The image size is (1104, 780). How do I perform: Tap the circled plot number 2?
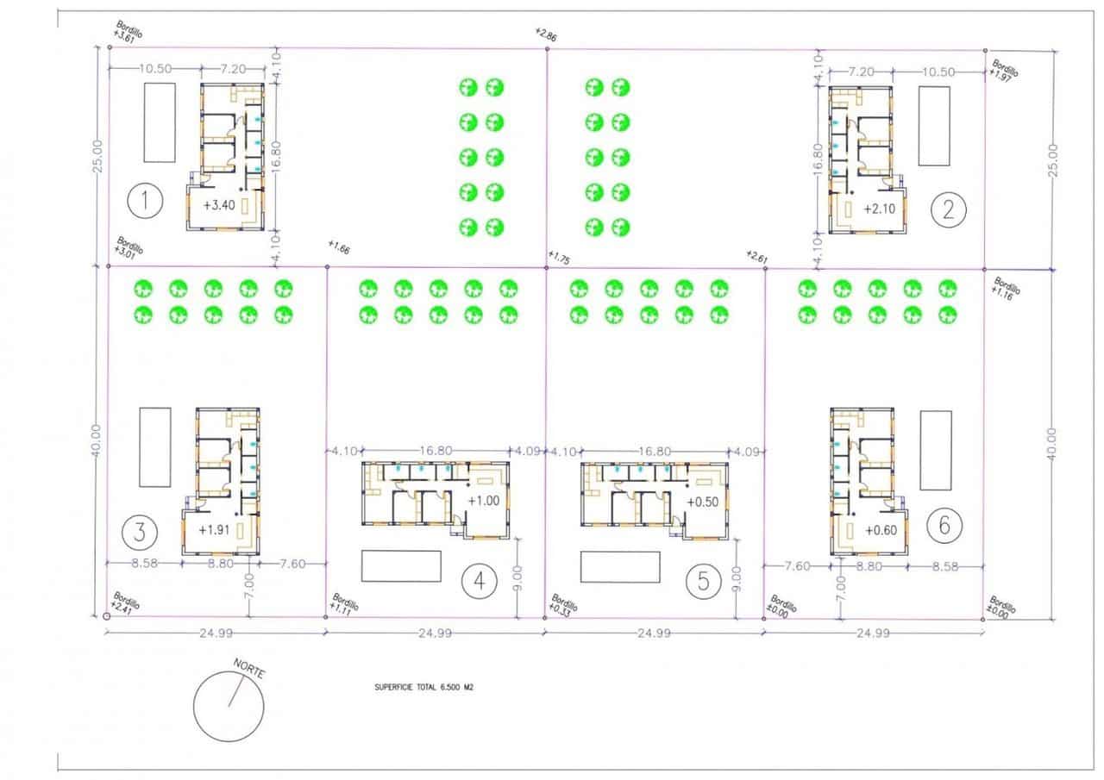pyautogui.click(x=950, y=208)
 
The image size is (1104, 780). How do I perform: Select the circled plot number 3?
pyautogui.click(x=139, y=531)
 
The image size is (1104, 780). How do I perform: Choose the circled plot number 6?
pyautogui.click(x=944, y=523)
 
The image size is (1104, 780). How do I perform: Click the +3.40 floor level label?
pyautogui.click(x=219, y=205)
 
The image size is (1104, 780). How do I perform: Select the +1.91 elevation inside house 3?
pyautogui.click(x=214, y=530)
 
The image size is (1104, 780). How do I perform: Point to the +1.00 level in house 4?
pyautogui.click(x=484, y=501)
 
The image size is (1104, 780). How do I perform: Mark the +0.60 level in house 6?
pyautogui.click(x=881, y=530)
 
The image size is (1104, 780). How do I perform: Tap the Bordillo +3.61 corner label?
pyautogui.click(x=127, y=34)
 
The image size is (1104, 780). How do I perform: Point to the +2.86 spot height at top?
pyautogui.click(x=545, y=34)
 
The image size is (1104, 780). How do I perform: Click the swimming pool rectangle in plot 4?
pyautogui.click(x=401, y=566)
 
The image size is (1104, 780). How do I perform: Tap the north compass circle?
pyautogui.click(x=229, y=705)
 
